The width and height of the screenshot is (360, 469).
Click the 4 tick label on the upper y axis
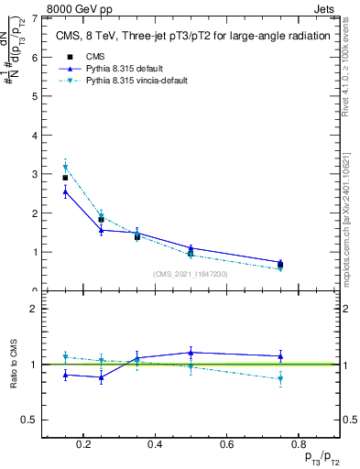coord(36,136)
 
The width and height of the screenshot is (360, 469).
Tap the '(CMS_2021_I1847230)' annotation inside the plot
coord(191,274)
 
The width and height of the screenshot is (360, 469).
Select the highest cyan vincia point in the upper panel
coord(65,167)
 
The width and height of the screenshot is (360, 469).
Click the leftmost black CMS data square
coord(65,178)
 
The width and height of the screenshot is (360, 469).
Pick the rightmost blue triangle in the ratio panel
coord(280,355)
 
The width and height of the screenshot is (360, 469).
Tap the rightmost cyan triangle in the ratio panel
coord(280,378)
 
